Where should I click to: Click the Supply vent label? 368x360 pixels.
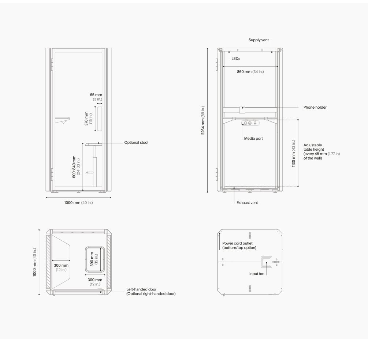pyautogui.click(x=259, y=40)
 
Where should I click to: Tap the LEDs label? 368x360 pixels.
pyautogui.click(x=236, y=59)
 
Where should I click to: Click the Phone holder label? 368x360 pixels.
pyautogui.click(x=315, y=108)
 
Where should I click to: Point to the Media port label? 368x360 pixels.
pyautogui.click(x=253, y=139)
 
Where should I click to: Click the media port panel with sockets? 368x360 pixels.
pyautogui.click(x=250, y=123)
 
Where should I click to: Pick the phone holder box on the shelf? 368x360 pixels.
pyautogui.click(x=242, y=110)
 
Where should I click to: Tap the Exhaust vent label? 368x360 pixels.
pyautogui.click(x=247, y=203)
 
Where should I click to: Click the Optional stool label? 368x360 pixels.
pyautogui.click(x=136, y=143)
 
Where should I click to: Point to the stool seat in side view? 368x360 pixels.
pyautogui.click(x=94, y=144)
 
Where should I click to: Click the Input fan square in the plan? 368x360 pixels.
pyautogui.click(x=266, y=262)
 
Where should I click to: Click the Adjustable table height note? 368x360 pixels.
pyautogui.click(x=321, y=152)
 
